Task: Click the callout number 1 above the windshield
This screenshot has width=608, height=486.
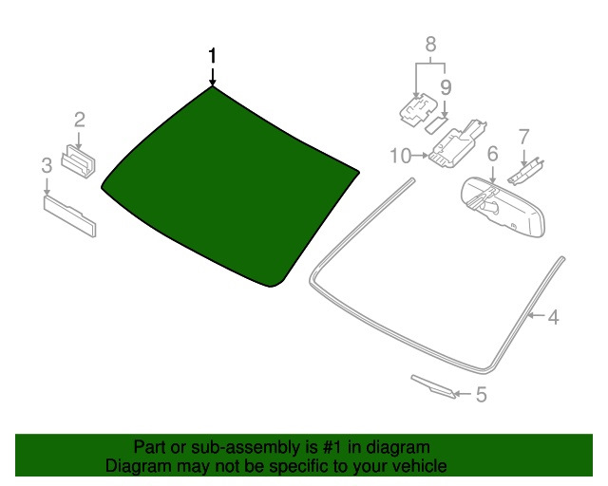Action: click(212, 56)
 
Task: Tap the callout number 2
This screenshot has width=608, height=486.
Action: click(80, 120)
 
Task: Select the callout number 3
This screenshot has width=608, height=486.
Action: click(47, 165)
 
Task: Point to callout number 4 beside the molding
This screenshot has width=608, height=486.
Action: click(554, 317)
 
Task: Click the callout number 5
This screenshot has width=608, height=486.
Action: click(482, 395)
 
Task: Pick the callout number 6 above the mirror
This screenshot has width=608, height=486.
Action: click(492, 154)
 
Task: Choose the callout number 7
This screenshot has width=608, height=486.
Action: click(523, 138)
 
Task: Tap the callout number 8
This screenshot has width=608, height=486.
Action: click(430, 45)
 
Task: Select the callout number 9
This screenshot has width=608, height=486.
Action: click(446, 87)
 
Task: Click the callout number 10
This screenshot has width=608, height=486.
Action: click(401, 156)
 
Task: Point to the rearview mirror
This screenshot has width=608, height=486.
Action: click(503, 207)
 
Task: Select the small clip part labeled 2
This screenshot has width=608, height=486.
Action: click(79, 161)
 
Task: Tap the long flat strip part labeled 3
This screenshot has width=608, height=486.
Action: click(69, 215)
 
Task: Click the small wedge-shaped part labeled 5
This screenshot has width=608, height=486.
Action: click(433, 386)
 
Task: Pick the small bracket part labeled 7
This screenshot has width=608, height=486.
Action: click(525, 172)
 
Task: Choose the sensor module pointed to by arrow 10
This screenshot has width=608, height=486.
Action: click(457, 144)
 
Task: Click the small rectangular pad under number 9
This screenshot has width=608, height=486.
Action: click(437, 124)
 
